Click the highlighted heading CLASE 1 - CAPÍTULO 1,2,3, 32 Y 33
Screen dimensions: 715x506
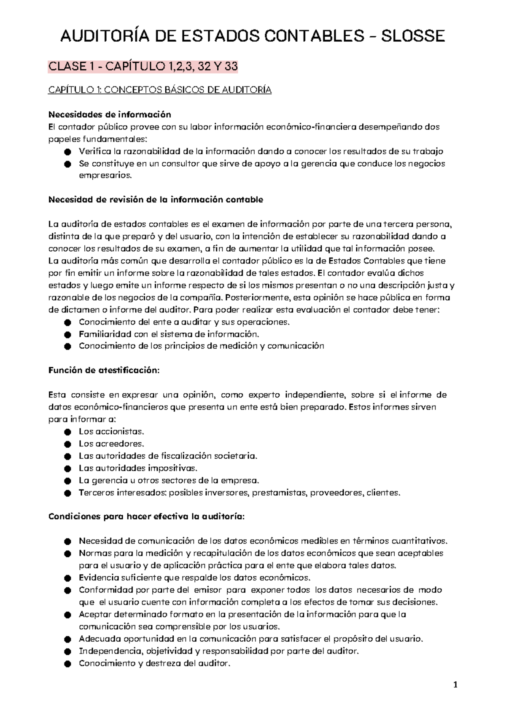pyautogui.click(x=143, y=67)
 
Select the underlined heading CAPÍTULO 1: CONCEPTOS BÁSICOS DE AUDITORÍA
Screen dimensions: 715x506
pyautogui.click(x=160, y=90)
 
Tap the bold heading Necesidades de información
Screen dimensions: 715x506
pyautogui.click(x=110, y=114)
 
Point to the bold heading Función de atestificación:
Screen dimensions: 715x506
pyautogui.click(x=104, y=371)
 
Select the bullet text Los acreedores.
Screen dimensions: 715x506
pyautogui.click(x=111, y=444)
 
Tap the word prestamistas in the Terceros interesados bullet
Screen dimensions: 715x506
pyautogui.click(x=280, y=492)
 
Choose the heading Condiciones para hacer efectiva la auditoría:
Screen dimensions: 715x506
pyautogui.click(x=146, y=516)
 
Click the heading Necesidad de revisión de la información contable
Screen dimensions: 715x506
pyautogui.click(x=156, y=199)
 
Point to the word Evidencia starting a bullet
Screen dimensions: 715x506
pyautogui.click(x=96, y=578)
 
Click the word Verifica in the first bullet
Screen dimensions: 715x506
pyautogui.click(x=92, y=151)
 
